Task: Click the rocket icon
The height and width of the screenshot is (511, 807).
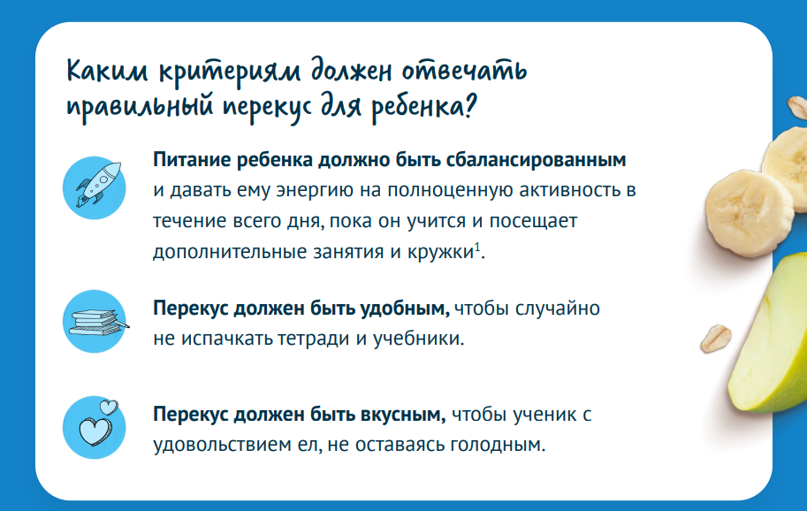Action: [x=98, y=185]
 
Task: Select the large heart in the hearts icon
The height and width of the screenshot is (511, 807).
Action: [x=95, y=431]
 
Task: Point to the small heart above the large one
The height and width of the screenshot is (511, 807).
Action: [x=109, y=408]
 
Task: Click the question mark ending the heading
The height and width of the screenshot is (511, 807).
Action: [x=469, y=106]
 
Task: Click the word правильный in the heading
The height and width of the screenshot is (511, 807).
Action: [x=140, y=109]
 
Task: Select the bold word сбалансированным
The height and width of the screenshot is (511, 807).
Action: [x=536, y=160]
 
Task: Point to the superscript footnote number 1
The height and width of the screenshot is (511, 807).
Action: [x=477, y=247]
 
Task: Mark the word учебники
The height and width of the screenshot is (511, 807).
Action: [x=418, y=339]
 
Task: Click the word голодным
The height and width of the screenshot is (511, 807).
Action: [x=498, y=445]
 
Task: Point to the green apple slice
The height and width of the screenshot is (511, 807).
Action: [x=767, y=334]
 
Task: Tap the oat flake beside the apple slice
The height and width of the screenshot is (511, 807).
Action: [x=716, y=338]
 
